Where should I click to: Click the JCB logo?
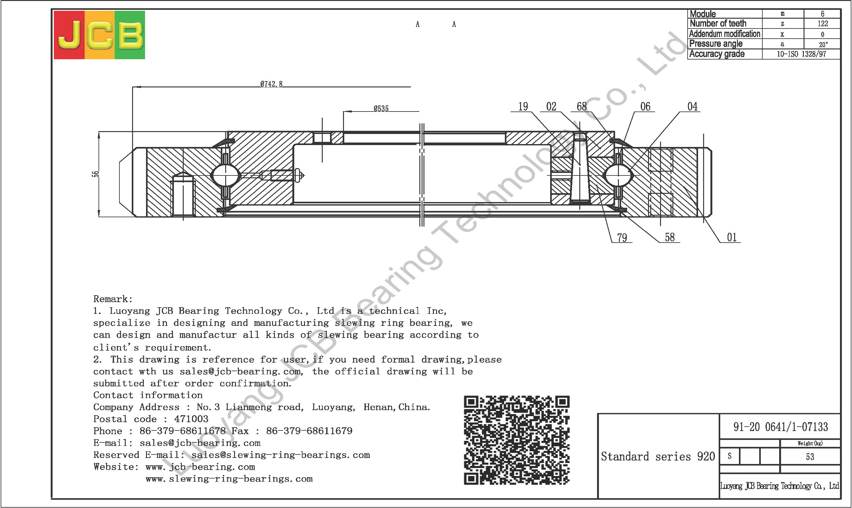tap(99, 35)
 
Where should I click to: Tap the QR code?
tap(517, 440)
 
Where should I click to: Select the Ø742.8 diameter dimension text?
tap(271, 84)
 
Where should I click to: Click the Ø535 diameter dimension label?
tap(381, 109)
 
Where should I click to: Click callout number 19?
tap(523, 107)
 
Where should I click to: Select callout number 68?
tap(582, 107)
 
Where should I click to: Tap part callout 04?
tap(692, 107)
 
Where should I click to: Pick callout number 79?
tap(622, 238)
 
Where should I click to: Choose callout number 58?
tap(670, 238)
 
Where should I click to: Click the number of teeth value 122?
tap(823, 24)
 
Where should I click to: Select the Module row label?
tap(703, 14)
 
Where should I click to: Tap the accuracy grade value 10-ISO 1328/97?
tap(801, 54)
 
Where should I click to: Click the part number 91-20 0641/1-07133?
tap(780, 427)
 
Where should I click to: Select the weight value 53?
tap(810, 457)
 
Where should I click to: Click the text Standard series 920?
tap(658, 456)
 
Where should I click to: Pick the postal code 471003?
tap(191, 419)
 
